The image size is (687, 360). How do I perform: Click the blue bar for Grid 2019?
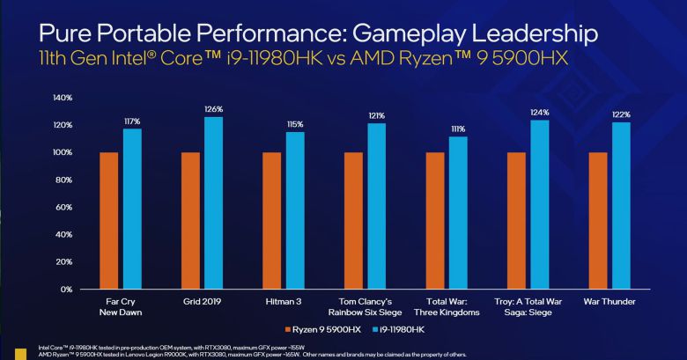tap(213, 202)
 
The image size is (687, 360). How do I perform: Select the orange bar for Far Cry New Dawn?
tap(108, 220)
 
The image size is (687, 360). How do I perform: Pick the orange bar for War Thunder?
tap(596, 220)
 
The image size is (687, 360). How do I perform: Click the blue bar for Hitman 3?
tap(294, 209)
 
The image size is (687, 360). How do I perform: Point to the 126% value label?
tap(213, 110)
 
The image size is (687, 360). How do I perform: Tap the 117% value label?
tap(132, 121)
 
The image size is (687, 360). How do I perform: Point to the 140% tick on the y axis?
tap(63, 97)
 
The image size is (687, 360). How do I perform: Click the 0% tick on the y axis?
tap(67, 289)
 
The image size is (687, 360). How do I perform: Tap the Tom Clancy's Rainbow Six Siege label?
tap(376, 306)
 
